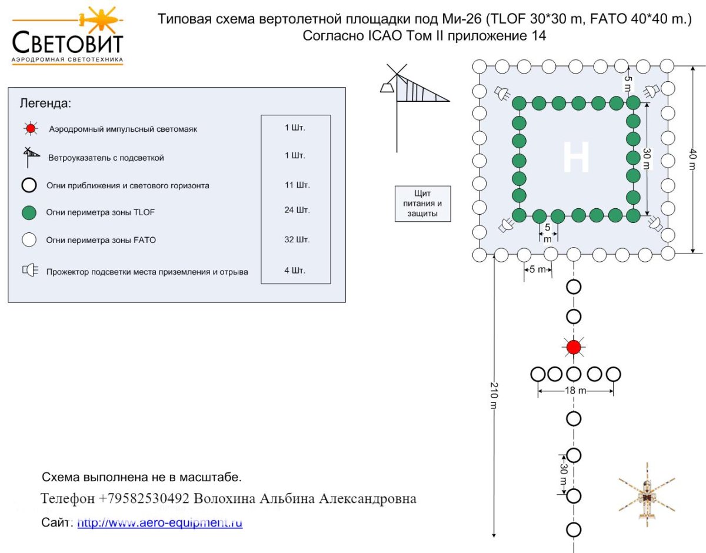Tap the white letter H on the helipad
click(576, 157)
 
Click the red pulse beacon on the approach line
click(574, 347)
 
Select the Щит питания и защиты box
click(422, 204)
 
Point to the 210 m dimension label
click(494, 395)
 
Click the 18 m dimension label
click(575, 390)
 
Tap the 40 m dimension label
click(692, 159)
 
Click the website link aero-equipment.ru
click(160, 522)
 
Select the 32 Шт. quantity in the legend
click(297, 239)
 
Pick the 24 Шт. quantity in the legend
click(297, 210)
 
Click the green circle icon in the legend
click(29, 213)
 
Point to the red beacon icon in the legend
click(31, 129)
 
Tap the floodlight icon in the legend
click(30, 270)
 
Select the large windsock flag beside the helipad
click(422, 89)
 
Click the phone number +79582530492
click(144, 498)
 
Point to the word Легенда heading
click(45, 104)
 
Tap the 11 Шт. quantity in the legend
click(297, 185)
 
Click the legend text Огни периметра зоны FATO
click(101, 240)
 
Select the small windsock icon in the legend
click(31, 157)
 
